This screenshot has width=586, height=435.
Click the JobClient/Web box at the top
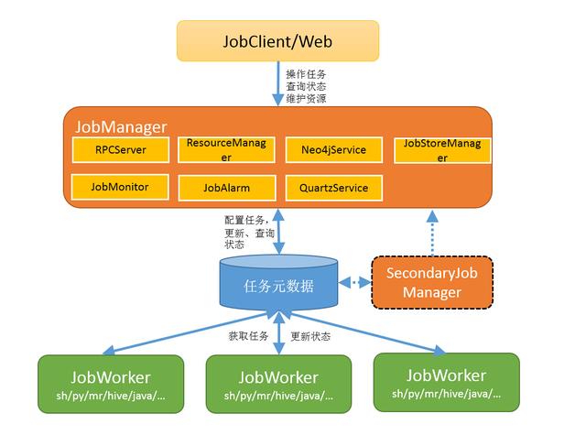[277, 42]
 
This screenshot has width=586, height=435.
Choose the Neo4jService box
[327, 149]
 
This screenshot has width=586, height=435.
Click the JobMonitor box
[119, 187]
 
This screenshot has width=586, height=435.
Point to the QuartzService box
[327, 188]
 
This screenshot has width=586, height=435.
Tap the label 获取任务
[247, 336]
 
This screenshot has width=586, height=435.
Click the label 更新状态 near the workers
[310, 336]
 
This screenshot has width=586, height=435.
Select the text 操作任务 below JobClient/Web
[306, 73]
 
